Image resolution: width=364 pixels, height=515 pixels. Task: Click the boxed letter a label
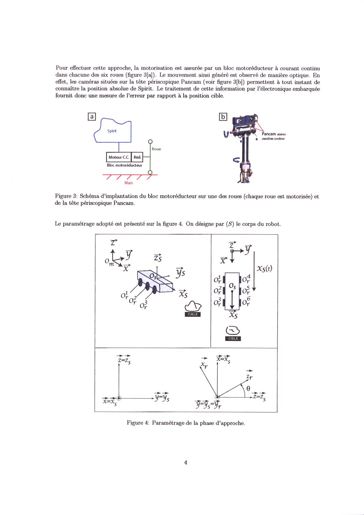[92, 117]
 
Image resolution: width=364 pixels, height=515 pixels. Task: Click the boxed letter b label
[223, 117]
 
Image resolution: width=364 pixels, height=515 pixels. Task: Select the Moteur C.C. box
[119, 157]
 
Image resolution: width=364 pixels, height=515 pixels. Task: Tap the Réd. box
[137, 157]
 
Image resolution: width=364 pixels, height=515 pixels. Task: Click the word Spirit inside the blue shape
[112, 131]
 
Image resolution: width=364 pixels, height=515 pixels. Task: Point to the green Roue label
[156, 149]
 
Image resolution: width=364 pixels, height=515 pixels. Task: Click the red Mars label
[129, 183]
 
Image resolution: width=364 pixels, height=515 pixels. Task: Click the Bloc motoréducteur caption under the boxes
[124, 165]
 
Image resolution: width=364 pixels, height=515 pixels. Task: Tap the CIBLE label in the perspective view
[193, 314]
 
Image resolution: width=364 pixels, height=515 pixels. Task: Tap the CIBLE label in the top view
[233, 338]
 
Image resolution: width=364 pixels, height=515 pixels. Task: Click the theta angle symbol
[248, 388]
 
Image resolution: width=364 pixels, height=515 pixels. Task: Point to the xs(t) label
[264, 268]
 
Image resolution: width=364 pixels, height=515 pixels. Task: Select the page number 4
[186, 462]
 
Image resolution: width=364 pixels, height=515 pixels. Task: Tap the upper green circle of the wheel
[150, 142]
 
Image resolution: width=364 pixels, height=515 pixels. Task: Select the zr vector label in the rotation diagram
[250, 376]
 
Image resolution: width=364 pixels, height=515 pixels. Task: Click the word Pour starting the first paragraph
[62, 68]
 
